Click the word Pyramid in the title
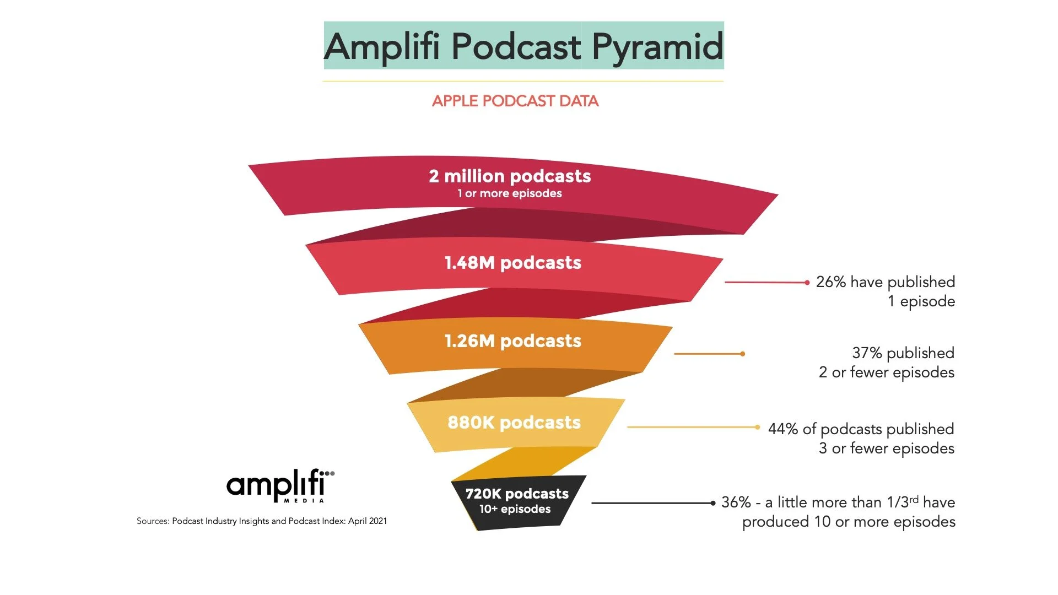[657, 46]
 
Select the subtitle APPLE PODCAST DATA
[515, 101]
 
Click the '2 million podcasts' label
[510, 176]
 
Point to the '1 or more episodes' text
[510, 193]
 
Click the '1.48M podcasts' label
[512, 263]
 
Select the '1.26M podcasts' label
[512, 341]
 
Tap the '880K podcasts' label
[514, 423]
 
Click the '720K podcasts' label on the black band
[516, 494]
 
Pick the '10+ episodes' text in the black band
[515, 509]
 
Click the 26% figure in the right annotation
[830, 282]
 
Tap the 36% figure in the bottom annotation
[736, 502]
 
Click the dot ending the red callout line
[807, 283]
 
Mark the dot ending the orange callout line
[743, 354]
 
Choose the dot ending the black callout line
[712, 503]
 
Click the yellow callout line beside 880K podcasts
[692, 427]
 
